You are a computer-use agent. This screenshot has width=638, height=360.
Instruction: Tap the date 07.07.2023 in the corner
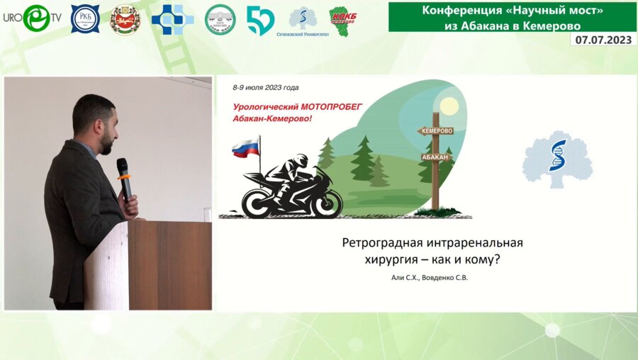(603, 40)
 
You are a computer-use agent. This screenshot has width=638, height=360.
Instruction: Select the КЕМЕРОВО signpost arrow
(435, 131)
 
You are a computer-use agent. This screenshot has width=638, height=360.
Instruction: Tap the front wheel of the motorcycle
(325, 201)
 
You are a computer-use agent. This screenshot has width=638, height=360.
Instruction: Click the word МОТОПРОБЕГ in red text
(329, 106)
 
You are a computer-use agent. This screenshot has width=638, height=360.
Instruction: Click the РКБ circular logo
(85, 20)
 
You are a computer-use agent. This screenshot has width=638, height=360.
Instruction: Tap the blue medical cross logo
(172, 20)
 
